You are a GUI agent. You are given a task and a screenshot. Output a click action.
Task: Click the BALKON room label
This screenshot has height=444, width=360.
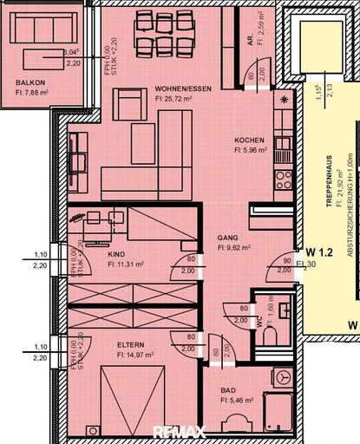tap(30, 84)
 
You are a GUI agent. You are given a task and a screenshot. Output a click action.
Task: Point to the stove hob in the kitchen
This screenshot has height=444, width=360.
tap(283, 180)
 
